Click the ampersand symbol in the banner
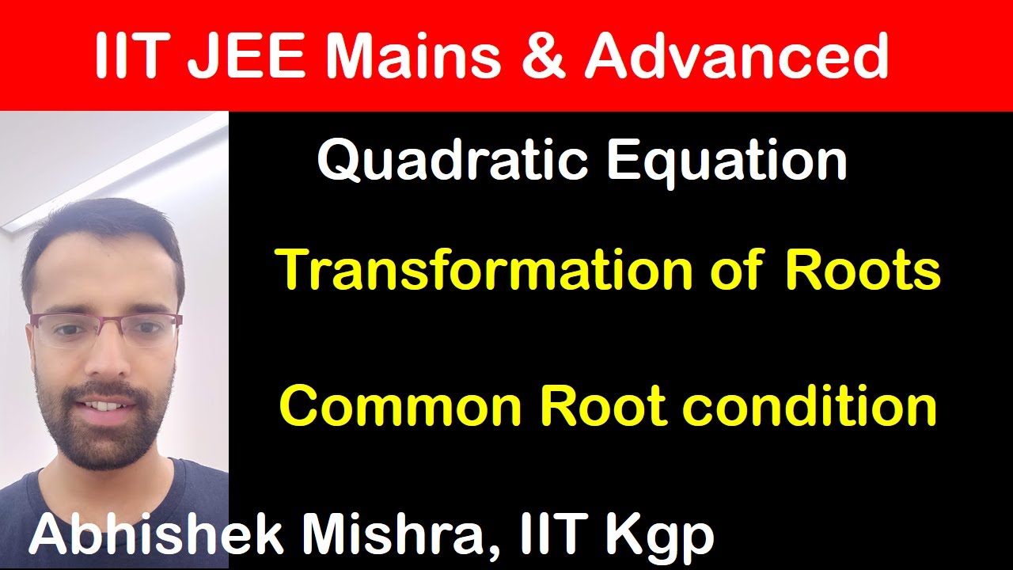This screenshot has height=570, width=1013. pyautogui.click(x=545, y=57)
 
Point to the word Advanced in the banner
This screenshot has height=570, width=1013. pyautogui.click(x=736, y=56)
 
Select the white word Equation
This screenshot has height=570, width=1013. pyautogui.click(x=727, y=161)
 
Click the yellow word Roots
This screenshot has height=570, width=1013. pyautogui.click(x=863, y=270)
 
